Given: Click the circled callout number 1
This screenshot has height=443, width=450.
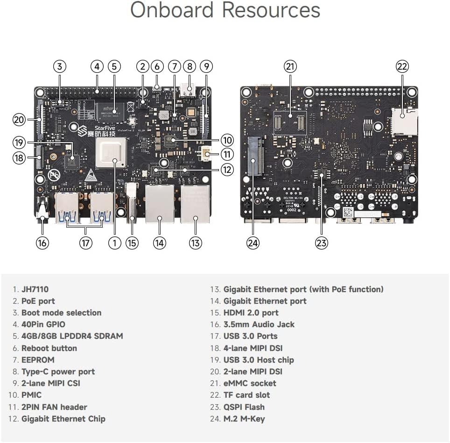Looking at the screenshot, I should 114,243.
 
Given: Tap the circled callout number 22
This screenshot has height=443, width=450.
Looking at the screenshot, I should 402,66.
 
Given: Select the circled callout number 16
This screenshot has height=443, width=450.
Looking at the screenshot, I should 42,243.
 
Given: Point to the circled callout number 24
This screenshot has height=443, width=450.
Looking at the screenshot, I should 253,243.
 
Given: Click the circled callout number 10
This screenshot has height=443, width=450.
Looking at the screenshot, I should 227,140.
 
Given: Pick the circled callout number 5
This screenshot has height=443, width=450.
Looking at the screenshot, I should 114,66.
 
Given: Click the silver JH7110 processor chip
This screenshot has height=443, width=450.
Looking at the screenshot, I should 112,153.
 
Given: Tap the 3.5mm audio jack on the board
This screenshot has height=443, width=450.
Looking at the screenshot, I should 43,208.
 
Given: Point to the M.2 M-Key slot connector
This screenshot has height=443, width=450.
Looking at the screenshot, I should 256,157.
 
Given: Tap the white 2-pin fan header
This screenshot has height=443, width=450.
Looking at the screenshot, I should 204,153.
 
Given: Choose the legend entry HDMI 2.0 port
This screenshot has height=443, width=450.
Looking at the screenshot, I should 251,313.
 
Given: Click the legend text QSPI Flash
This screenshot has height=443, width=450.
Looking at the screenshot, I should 244,407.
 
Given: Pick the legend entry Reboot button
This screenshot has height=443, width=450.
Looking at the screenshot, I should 49,348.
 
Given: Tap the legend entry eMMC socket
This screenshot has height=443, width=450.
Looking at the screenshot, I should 249,383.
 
